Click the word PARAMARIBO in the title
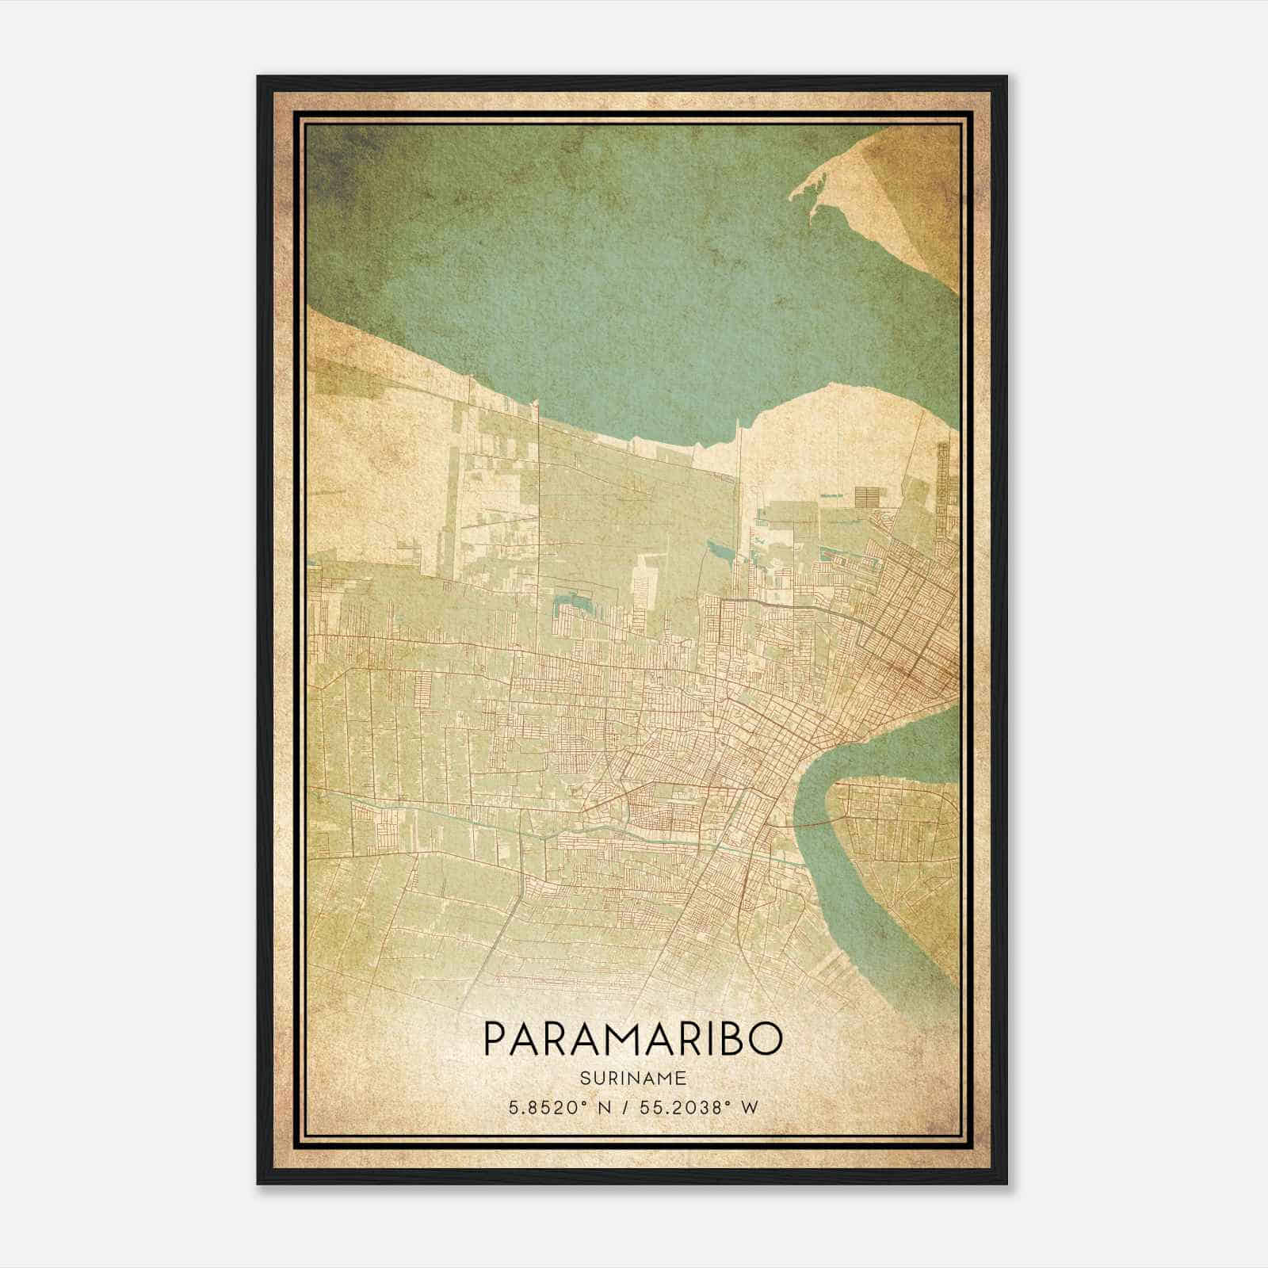[x=632, y=1039]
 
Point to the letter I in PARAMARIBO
[x=705, y=1039]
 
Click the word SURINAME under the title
[x=633, y=1078]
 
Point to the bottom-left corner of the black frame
[x=258, y=1183]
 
